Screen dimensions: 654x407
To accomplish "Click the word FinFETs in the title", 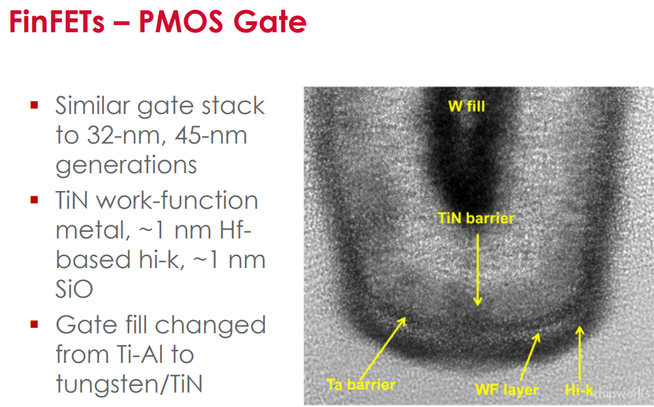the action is (x=57, y=22).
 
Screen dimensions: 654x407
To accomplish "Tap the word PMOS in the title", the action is (x=181, y=22).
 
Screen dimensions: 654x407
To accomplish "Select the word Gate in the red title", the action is (x=270, y=22).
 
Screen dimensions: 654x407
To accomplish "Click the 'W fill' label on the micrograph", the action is (x=467, y=106).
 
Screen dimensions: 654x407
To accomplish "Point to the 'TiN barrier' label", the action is (x=476, y=218).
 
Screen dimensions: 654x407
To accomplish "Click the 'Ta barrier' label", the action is (x=361, y=385).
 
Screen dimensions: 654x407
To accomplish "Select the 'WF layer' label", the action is (x=506, y=390).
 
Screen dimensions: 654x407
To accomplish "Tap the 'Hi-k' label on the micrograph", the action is (x=580, y=390).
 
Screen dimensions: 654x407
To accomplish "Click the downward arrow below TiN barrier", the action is (x=478, y=270).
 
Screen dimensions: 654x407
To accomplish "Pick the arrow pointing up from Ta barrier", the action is (x=383, y=348).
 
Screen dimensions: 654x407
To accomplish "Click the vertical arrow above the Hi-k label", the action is (x=580, y=354).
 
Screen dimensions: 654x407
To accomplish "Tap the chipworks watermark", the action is (x=623, y=393).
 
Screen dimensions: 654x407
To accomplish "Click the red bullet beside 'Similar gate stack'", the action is (x=34, y=105).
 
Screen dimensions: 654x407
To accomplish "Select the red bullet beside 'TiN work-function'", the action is (x=34, y=200).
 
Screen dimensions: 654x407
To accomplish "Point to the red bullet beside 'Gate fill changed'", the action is (x=34, y=324).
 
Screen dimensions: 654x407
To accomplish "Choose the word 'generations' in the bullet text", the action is (x=126, y=165).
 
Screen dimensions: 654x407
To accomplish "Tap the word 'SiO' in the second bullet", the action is (x=74, y=288).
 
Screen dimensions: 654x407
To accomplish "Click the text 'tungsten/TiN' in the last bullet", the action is (x=129, y=385).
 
